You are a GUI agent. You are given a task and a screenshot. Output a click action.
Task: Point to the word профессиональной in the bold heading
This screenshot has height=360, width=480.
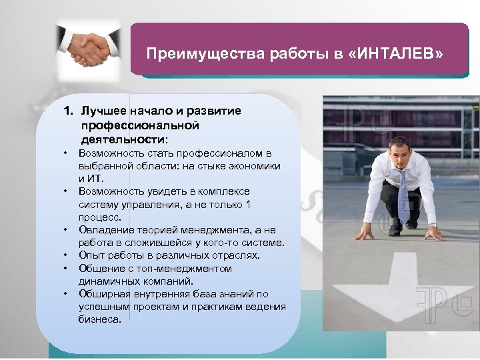(140, 125)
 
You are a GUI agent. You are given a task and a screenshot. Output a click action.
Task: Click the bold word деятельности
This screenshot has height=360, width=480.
(123, 139)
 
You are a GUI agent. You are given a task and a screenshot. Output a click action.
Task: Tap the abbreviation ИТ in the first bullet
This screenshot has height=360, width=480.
(97, 178)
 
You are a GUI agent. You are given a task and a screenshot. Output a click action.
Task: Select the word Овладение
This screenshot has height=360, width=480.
(107, 229)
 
